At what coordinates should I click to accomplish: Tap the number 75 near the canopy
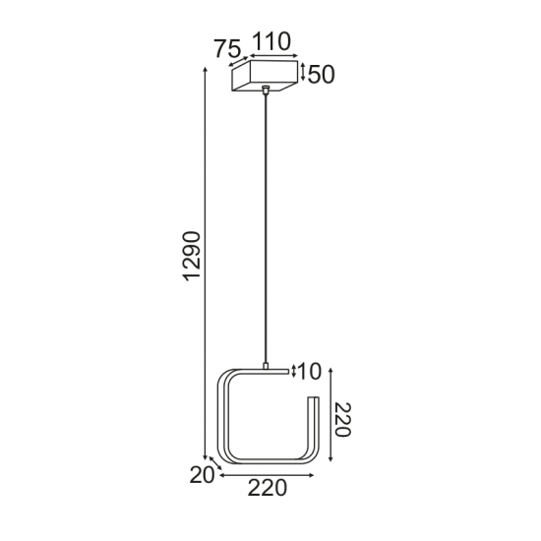228,50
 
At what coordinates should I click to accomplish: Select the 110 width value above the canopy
270,41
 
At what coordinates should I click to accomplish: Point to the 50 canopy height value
323,75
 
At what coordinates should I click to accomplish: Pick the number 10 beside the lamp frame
309,372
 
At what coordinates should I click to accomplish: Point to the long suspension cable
266,226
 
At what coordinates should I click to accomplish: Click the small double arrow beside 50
303,73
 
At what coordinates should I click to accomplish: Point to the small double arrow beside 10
294,370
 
